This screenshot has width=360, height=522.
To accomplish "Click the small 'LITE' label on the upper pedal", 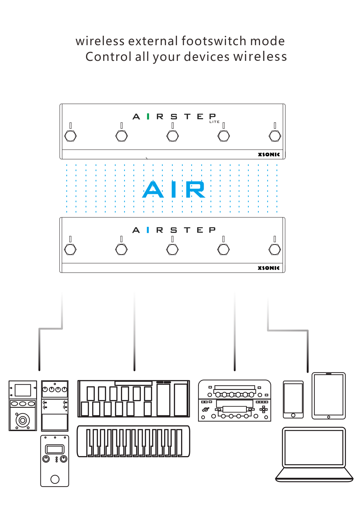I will click(x=214, y=122).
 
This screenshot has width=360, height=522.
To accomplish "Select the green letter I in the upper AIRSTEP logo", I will click(x=148, y=117).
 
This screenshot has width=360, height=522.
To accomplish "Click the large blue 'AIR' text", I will click(x=174, y=190).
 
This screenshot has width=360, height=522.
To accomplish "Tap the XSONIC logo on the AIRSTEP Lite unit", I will click(x=269, y=154).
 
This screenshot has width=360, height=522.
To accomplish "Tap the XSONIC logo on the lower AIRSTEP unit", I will click(x=268, y=268).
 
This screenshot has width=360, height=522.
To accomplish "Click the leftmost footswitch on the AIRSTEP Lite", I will click(x=70, y=136).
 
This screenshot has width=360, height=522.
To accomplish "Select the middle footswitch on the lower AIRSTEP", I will click(x=172, y=250).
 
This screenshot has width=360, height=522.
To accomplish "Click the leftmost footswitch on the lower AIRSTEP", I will click(x=70, y=250).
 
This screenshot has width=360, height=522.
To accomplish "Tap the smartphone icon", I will click(x=293, y=399).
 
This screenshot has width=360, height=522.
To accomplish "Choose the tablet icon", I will click(x=328, y=396).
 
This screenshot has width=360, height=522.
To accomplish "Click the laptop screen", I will click(x=314, y=447).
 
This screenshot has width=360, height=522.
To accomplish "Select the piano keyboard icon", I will click(x=133, y=441).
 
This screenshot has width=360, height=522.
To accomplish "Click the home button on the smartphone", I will click(x=293, y=415).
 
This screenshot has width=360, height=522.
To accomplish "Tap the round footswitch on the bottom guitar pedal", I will click(x=55, y=479).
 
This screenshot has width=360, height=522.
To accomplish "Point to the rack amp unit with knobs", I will click(x=234, y=401).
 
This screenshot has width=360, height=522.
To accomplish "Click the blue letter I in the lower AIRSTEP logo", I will click(x=148, y=230).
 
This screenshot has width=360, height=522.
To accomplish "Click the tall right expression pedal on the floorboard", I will click(x=181, y=399).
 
